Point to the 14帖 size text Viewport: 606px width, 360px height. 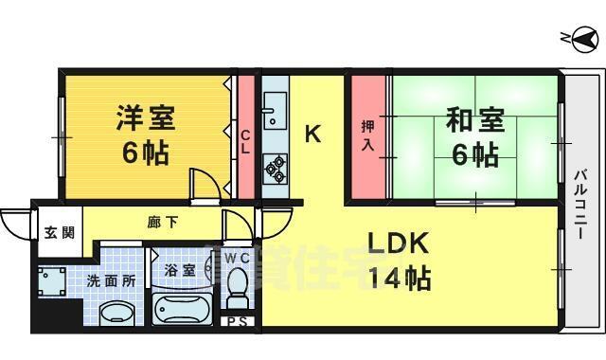(399, 279)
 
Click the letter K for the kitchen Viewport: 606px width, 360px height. (312, 135)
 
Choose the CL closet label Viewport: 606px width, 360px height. (244, 141)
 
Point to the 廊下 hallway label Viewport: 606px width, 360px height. (159, 224)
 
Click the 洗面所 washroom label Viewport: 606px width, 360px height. (111, 280)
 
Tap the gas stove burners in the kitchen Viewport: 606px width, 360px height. (276, 167)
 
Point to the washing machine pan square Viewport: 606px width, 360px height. (50, 281)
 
